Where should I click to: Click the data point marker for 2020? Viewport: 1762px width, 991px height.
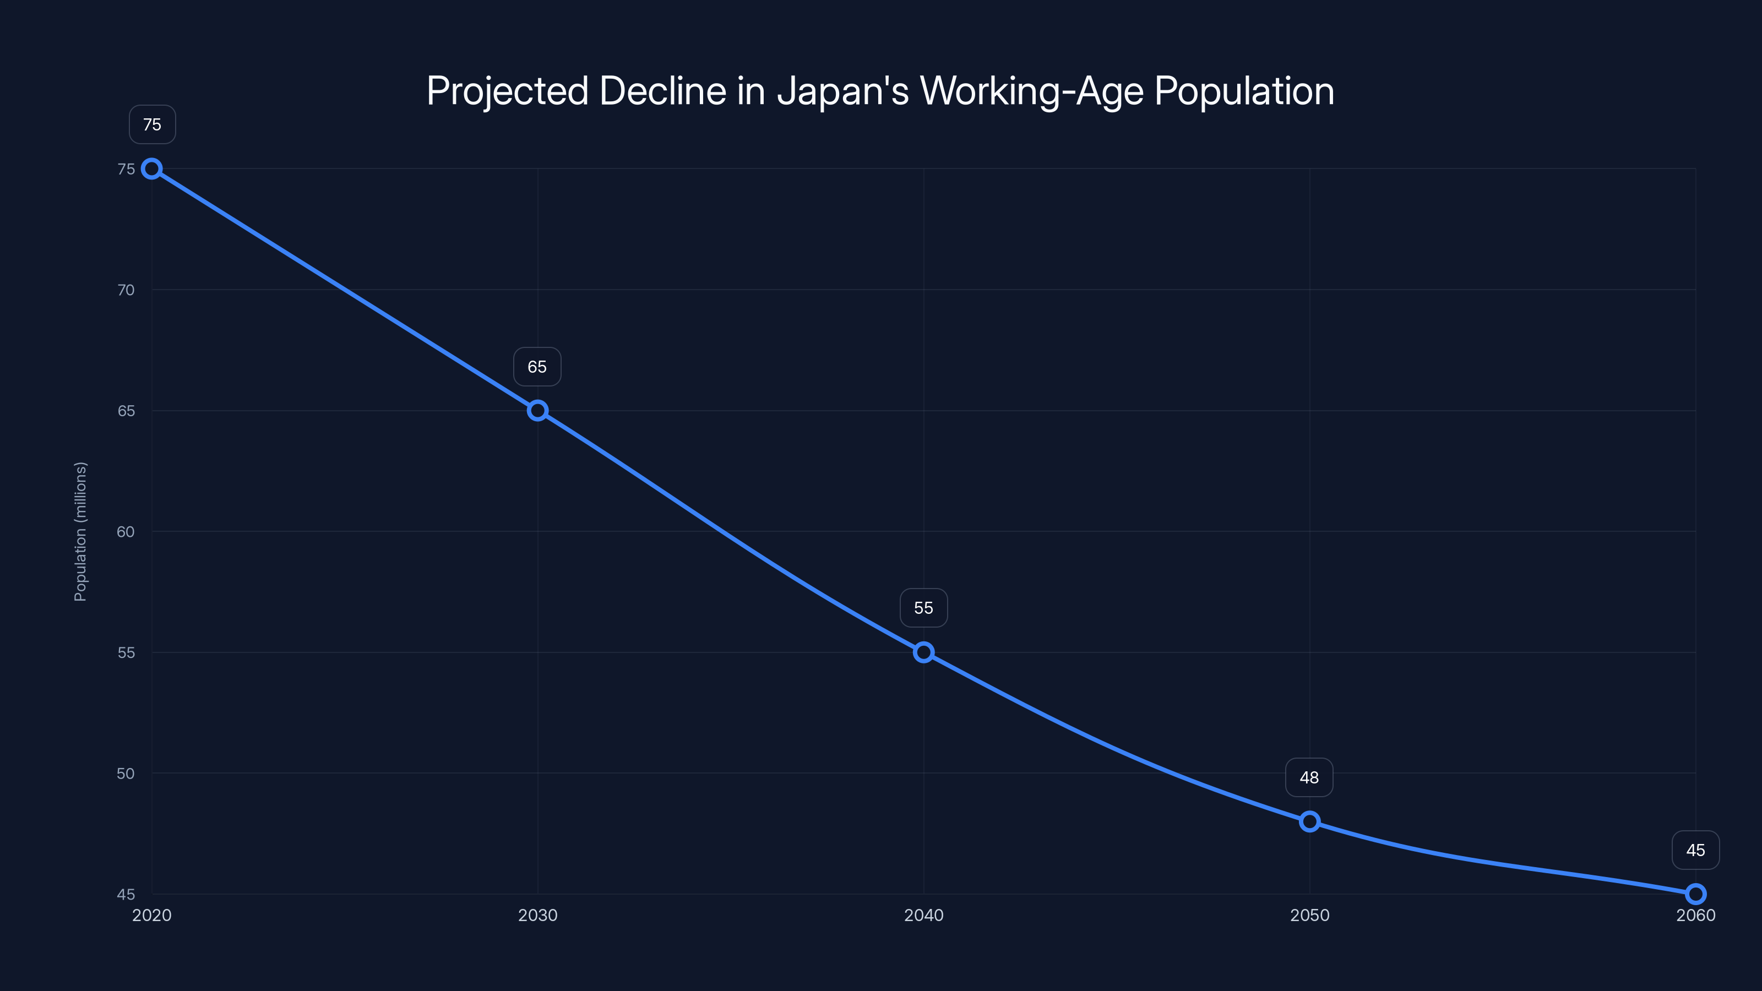tap(152, 169)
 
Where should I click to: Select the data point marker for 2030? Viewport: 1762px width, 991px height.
tap(537, 410)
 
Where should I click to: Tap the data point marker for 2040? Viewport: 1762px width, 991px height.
tap(923, 652)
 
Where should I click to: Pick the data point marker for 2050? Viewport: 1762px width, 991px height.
tap(1309, 821)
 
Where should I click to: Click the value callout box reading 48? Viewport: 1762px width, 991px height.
tap(1309, 777)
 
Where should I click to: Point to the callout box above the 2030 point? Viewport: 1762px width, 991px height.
tap(537, 367)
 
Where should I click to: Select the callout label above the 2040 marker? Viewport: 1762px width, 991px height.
tap(923, 608)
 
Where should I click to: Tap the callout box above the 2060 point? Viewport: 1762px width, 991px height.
tap(1695, 850)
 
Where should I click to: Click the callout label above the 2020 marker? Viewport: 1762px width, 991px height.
tap(152, 124)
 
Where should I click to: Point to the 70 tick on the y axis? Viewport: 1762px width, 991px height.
tap(126, 290)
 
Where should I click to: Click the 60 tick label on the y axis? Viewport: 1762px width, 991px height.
tap(126, 531)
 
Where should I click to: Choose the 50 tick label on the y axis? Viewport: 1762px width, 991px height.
tap(126, 774)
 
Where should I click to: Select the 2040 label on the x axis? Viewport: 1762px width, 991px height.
tap(923, 915)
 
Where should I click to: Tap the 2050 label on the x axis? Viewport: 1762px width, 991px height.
tap(1309, 915)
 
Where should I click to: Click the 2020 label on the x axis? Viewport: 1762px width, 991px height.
tap(152, 915)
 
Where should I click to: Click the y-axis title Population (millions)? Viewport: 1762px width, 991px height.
tap(81, 531)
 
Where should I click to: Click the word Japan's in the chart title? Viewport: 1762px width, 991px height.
tap(842, 91)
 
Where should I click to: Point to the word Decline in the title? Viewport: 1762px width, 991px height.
tap(662, 91)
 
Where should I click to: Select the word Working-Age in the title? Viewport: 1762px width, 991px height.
tap(1031, 91)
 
